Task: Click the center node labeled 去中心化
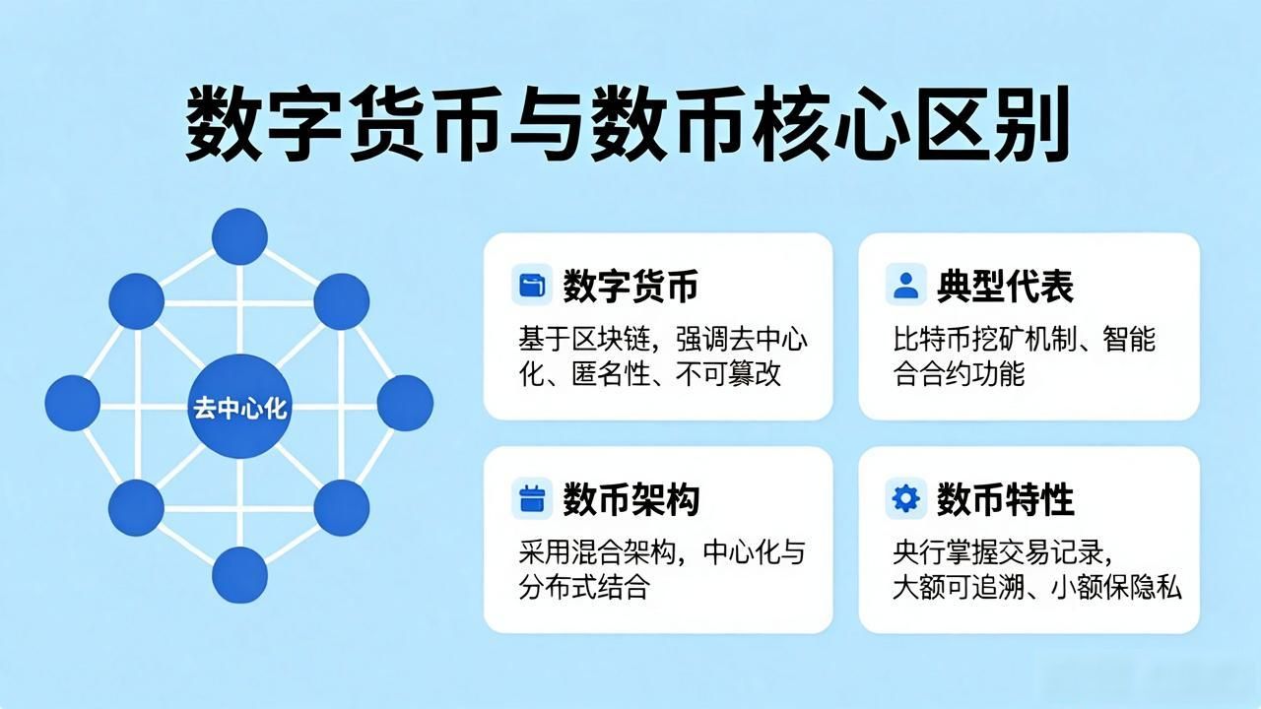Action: click(x=239, y=407)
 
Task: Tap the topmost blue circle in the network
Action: click(x=239, y=236)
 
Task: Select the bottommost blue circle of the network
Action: click(x=239, y=575)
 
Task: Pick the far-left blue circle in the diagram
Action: click(x=73, y=404)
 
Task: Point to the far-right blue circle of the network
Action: click(x=405, y=404)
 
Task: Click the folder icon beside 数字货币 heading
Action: click(x=532, y=285)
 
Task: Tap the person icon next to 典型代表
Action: click(x=905, y=285)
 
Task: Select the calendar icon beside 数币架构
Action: click(x=532, y=498)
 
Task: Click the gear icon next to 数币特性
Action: click(x=905, y=498)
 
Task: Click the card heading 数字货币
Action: click(x=631, y=286)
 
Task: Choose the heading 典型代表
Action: click(x=1006, y=286)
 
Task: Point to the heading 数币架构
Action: click(x=631, y=499)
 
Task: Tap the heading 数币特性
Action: click(x=1006, y=499)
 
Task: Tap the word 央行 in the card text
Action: click(x=919, y=552)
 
